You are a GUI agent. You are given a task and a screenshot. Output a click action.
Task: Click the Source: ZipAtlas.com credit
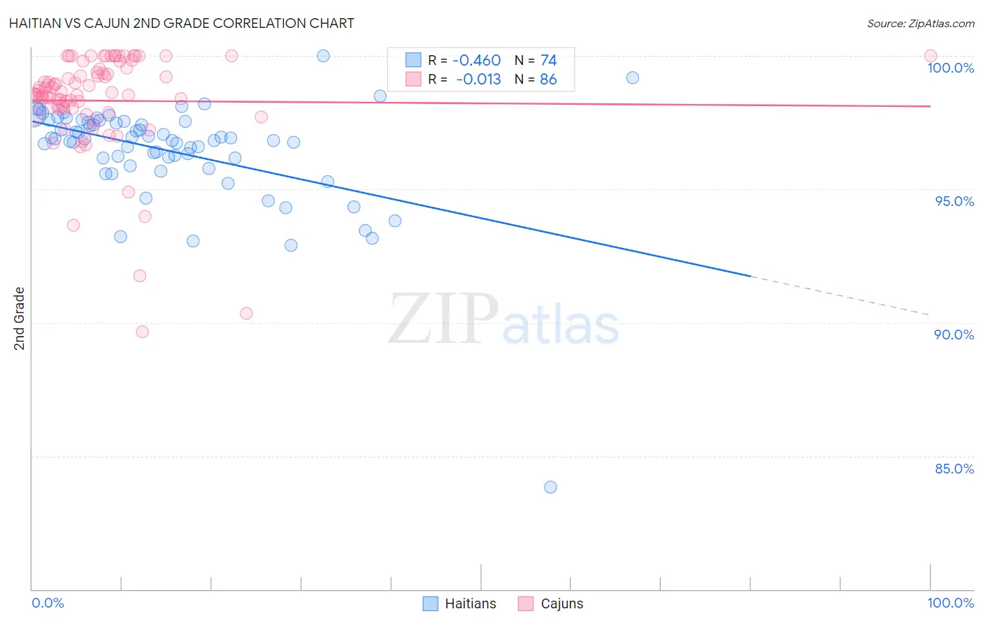pos(920,24)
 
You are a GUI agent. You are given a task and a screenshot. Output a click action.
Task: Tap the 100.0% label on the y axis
pos(950,68)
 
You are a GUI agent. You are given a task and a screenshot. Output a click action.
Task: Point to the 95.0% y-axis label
pos(954,201)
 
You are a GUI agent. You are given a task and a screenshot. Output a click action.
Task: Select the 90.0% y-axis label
pos(954,335)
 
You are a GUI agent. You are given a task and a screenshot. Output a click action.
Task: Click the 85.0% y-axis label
pos(954,469)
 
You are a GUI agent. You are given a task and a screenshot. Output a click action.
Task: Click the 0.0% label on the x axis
pos(48,603)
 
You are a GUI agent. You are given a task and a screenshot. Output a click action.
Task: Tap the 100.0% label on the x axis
pos(950,603)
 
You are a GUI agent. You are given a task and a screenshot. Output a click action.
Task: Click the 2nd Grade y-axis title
pos(20,318)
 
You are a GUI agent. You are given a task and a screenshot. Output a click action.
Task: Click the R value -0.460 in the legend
pos(476,61)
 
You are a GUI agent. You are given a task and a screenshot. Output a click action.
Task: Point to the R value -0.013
pos(478,80)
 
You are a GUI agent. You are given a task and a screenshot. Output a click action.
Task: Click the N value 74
pos(548,61)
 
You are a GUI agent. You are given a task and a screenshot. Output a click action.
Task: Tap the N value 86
pos(548,80)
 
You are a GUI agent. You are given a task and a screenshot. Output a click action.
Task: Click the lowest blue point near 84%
pos(550,487)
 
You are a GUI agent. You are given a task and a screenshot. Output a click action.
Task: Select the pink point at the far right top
pos(930,56)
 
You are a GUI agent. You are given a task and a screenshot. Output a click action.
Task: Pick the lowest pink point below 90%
pos(142,332)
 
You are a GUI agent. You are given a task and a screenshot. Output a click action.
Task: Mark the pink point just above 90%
pos(246,314)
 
